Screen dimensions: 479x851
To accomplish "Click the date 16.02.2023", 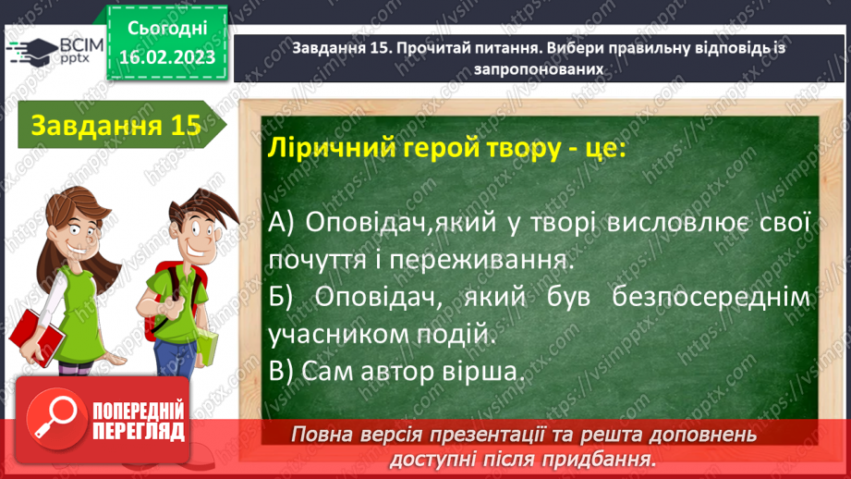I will pos(167,56).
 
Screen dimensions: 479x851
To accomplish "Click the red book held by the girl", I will pos(35,333).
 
